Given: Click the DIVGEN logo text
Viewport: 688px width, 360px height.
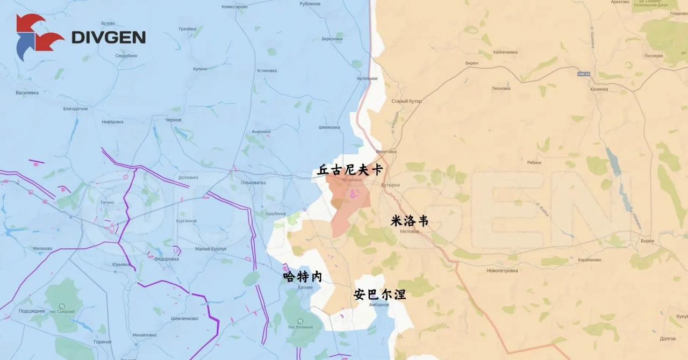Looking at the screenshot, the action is pos(109,37).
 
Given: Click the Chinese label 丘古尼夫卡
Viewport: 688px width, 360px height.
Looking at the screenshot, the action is pos(350,170).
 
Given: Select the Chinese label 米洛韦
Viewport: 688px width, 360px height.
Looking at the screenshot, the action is pos(410,220).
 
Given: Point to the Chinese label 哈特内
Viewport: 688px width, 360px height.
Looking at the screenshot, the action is pos(303,277).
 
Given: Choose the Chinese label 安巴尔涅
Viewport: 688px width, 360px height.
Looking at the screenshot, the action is pos(379,294).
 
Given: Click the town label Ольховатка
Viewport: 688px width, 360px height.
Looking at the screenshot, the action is pos(253,183).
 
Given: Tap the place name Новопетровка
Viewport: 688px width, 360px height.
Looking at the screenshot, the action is pos(502,270).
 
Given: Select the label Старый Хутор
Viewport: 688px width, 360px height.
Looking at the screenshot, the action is pos(406,101).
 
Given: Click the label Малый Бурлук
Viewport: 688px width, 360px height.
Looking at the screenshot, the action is pos(211,249).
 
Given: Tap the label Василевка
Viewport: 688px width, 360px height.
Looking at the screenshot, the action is pos(27,92).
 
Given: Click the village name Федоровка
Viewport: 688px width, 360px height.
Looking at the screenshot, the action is pos(166,259).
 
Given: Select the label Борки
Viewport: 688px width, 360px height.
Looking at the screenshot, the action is pos(647,241).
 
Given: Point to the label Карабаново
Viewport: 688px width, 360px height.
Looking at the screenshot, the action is pos(589,260).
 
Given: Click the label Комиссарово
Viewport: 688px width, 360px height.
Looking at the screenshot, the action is pos(235,6).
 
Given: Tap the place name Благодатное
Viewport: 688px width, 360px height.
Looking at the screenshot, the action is pos(75,109).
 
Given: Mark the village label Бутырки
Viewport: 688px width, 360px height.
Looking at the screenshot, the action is pos(390,185).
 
